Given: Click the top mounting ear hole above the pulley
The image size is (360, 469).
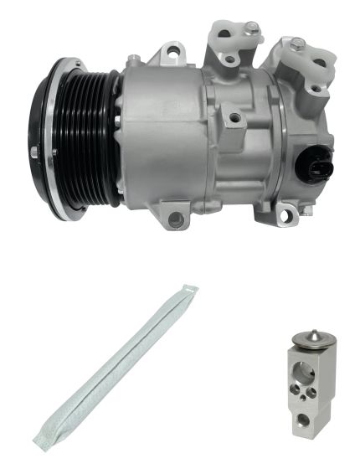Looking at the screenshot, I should [173, 54].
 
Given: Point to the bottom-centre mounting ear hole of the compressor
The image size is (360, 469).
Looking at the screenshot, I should [175, 219].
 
